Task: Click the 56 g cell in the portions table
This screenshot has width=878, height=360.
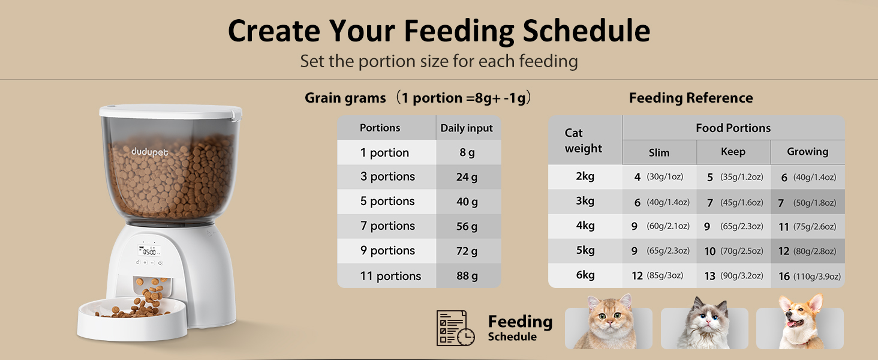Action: [467, 226]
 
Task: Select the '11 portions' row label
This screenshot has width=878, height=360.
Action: [391, 276]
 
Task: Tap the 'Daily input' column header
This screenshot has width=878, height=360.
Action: [467, 128]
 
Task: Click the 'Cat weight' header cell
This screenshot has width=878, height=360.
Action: [584, 140]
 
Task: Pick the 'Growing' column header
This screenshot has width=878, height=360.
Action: [807, 152]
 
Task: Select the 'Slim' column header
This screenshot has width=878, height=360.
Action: [659, 152]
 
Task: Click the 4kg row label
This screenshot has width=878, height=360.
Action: [585, 226]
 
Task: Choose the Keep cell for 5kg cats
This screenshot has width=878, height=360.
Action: [733, 251]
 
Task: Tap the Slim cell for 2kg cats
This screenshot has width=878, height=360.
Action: [659, 177]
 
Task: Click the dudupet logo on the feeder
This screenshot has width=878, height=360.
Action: [150, 152]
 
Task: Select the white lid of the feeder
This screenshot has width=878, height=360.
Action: [170, 112]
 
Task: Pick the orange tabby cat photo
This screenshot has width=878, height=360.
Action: [608, 323]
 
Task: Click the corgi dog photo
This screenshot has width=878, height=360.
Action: [799, 323]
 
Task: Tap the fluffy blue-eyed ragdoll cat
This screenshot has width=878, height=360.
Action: [705, 325]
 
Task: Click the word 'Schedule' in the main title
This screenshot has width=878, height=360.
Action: [587, 31]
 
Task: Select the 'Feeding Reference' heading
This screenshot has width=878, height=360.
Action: [691, 98]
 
